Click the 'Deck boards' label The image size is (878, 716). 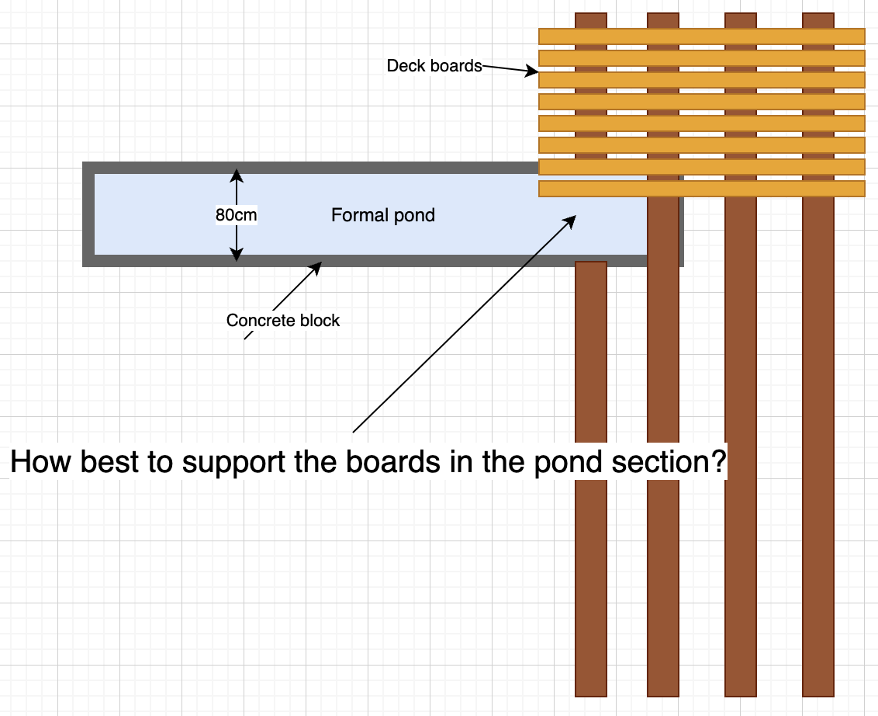coord(434,66)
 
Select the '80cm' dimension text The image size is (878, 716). coord(236,215)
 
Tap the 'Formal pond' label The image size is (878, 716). coord(382,215)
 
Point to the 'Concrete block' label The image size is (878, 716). coord(282,320)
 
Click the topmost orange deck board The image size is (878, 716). coord(701,36)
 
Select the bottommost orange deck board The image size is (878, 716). coord(701,189)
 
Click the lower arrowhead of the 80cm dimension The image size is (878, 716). coord(236,255)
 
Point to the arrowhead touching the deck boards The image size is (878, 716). coord(532,72)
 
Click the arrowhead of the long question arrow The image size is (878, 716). coord(572,220)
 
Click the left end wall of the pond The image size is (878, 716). coord(88,214)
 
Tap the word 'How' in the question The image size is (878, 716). coord(36,462)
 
